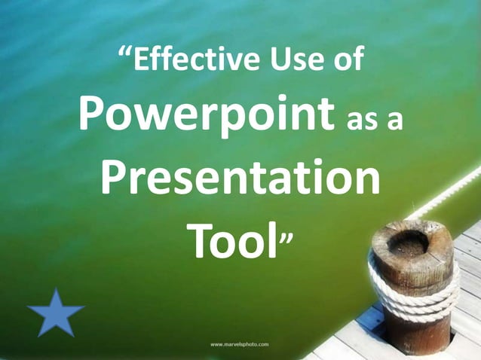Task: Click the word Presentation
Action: [240, 178]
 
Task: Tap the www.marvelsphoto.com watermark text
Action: [240, 344]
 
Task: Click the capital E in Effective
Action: [143, 61]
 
